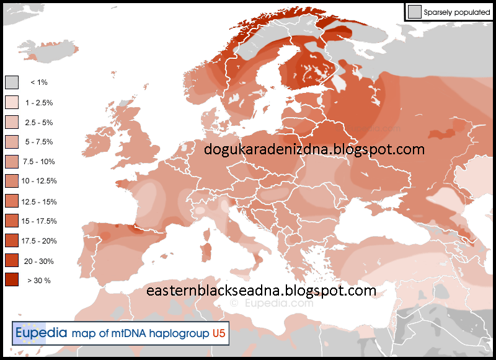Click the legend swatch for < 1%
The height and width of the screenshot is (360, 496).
pos(12,82)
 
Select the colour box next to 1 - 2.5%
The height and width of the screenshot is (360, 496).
pos(12,102)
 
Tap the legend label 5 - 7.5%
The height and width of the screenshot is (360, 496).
pos(38,142)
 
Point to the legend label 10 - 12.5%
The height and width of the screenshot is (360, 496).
pos(39,181)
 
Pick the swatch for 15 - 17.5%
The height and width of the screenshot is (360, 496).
pos(12,221)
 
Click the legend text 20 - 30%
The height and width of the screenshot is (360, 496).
pos(39,261)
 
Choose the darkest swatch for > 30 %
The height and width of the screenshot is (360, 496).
pos(12,280)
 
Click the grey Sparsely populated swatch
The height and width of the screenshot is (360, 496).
pos(414,11)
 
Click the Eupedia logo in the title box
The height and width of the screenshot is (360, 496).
pos(40,333)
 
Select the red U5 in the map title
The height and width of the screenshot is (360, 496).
pos(218,333)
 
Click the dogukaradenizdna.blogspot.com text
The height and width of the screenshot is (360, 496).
pos(314,149)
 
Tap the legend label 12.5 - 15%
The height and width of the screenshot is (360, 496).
pos(39,201)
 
